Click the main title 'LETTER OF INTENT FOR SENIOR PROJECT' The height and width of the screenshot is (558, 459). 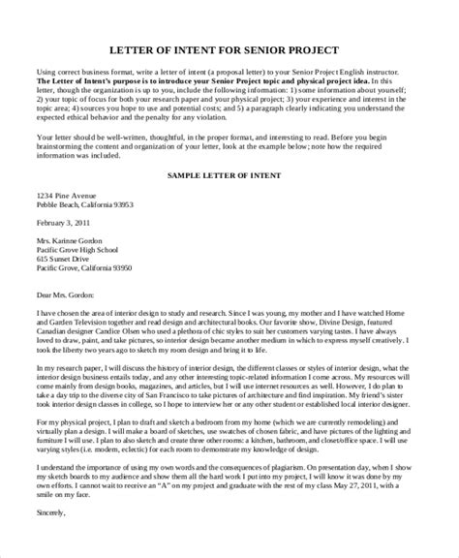(229, 49)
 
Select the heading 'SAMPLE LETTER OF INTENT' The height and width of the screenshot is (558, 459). (229, 177)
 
